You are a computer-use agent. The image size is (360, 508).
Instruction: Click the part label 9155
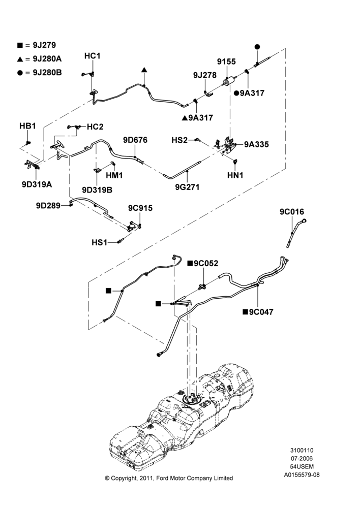pos(226,61)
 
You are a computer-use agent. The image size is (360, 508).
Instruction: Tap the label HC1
pos(93,56)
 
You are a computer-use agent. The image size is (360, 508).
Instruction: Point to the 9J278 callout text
pos(204,75)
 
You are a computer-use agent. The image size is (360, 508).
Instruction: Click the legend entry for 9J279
pos(37,45)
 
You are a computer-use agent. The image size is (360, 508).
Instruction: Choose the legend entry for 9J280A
pos(39,58)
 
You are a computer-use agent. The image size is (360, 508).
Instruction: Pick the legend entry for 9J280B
pos(39,72)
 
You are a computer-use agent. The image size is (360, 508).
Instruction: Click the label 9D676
pos(135,140)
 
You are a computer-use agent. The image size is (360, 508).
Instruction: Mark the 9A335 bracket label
pos(257,144)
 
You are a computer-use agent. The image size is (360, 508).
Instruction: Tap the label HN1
pos(235,175)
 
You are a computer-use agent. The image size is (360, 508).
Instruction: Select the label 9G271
pos(187,187)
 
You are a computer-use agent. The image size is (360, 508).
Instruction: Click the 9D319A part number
pos(37,184)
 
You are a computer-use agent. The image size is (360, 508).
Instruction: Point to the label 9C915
pos(140,208)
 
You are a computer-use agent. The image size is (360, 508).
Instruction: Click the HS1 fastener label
pos(99,242)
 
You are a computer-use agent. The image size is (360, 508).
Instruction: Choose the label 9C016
pos(292,212)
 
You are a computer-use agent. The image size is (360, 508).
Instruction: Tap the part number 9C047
pos(261,312)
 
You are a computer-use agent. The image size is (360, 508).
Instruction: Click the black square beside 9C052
pos(190,263)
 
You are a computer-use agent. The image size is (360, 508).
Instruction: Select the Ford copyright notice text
pos(169,478)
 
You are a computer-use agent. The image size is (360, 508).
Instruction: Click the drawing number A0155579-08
pos(302,475)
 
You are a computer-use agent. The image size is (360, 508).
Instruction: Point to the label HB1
pos(27,126)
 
